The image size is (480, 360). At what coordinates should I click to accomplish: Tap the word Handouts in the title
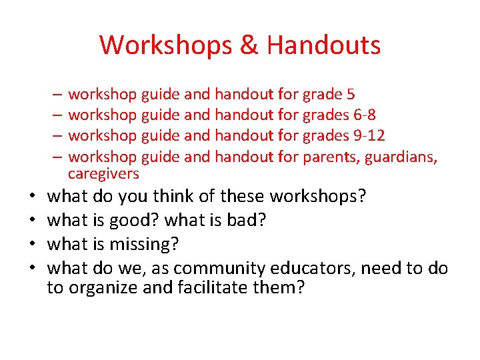(x=323, y=45)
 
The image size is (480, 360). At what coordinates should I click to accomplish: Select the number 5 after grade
(x=351, y=95)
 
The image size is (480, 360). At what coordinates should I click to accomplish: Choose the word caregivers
(x=103, y=174)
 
